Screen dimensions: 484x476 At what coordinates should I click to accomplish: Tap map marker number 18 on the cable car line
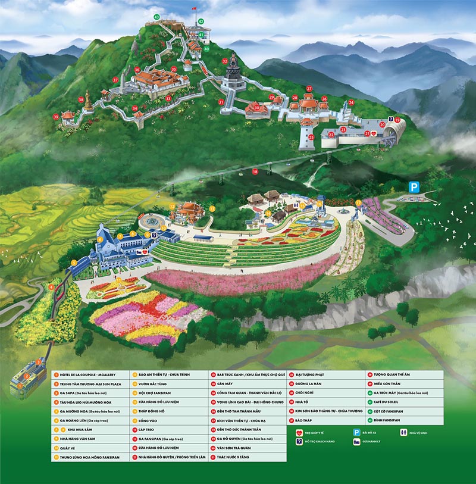coord(255,171)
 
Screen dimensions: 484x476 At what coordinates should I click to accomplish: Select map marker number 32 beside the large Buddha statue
coord(224,61)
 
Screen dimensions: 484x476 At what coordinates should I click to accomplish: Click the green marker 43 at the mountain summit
coord(156,17)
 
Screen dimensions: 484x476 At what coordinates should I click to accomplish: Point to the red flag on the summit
coord(193,8)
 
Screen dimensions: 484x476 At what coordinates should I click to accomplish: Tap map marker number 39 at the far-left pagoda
coord(56,117)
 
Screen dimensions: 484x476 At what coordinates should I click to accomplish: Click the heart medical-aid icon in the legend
coord(298,433)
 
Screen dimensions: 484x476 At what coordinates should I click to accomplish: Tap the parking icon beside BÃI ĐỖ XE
coord(356,433)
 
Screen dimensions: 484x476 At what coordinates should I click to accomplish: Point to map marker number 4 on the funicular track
coord(52,288)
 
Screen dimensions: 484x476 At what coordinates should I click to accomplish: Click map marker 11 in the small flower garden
coord(118,280)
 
